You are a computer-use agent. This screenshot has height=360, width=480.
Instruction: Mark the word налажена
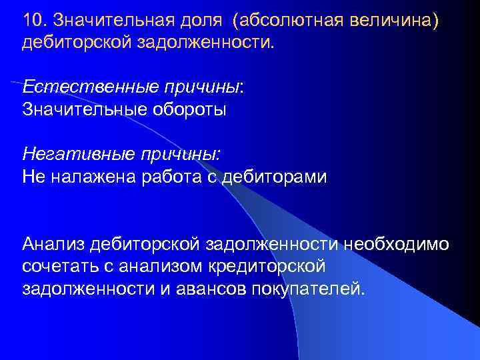click(83, 177)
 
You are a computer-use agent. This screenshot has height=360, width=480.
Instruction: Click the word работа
click(158, 177)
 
